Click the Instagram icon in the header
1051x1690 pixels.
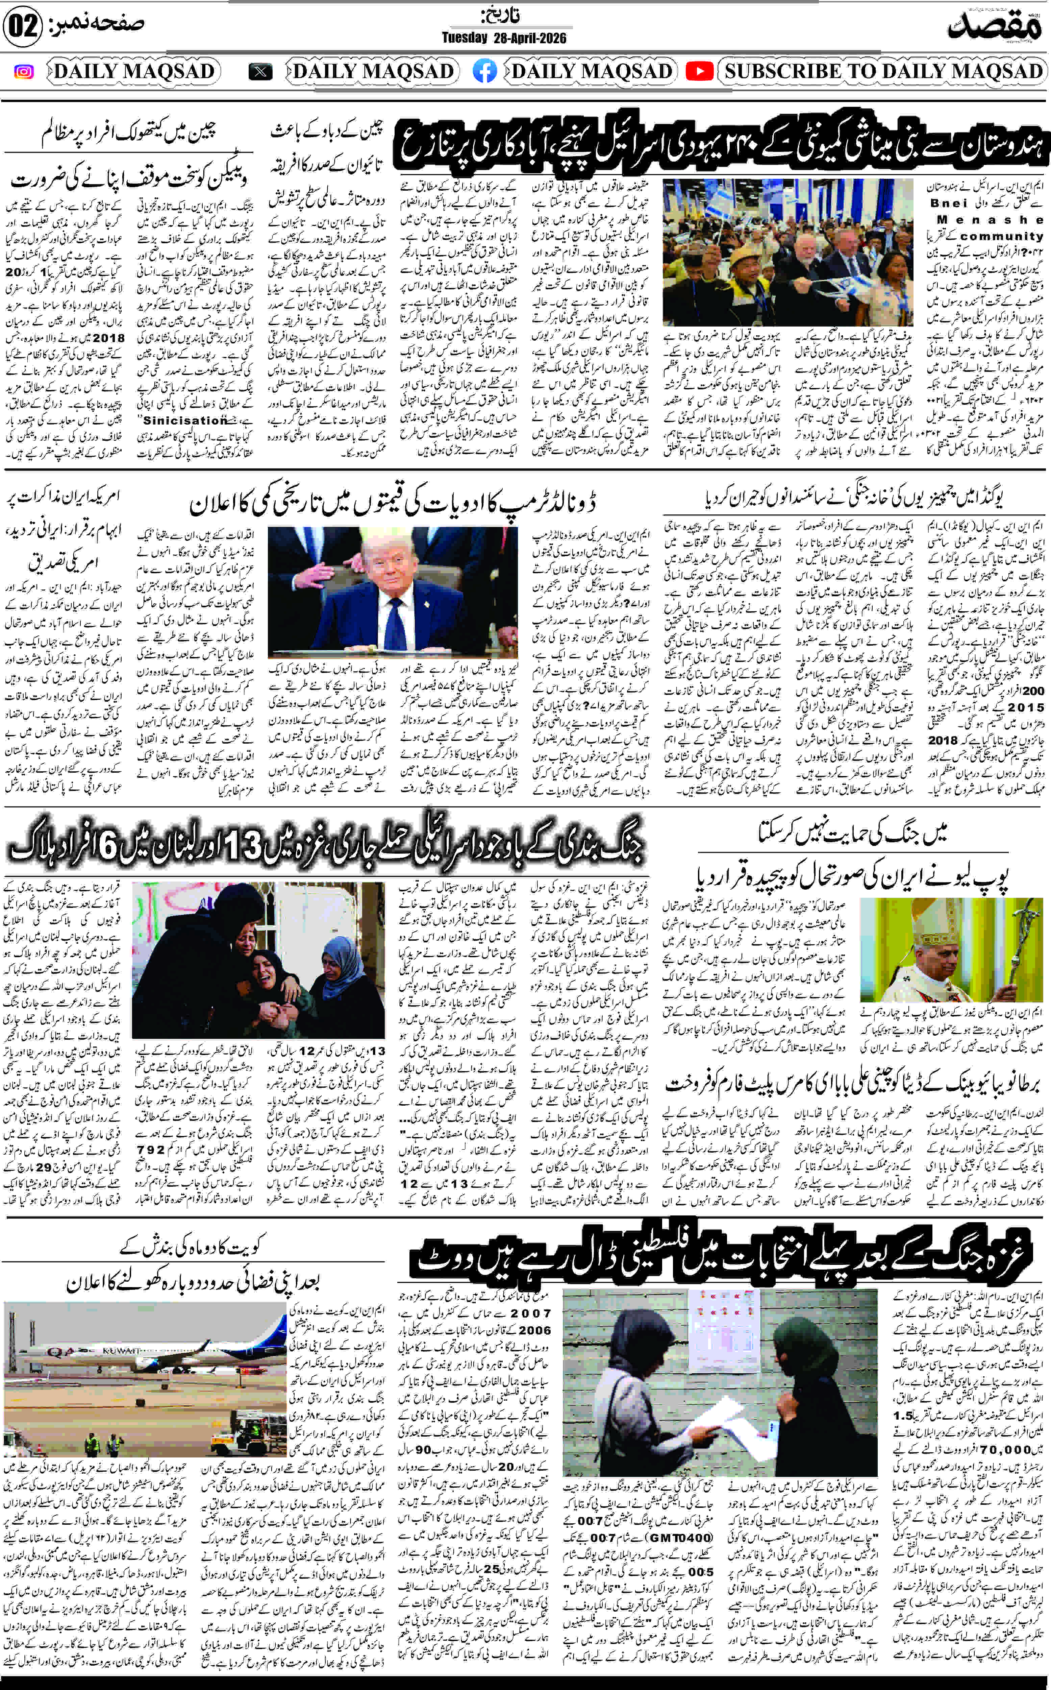click(x=24, y=72)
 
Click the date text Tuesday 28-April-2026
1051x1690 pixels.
click(x=504, y=38)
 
